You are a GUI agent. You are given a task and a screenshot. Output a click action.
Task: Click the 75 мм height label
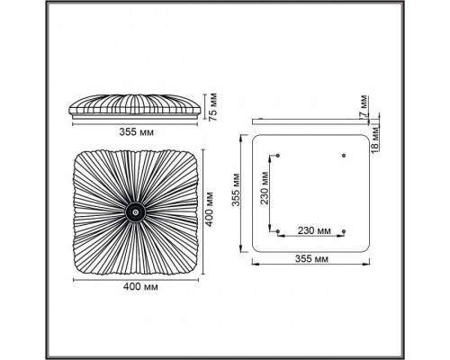(213, 107)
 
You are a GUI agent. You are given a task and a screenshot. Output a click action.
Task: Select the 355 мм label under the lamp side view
(137, 131)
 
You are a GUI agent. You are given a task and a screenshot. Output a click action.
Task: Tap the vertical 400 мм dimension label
(210, 209)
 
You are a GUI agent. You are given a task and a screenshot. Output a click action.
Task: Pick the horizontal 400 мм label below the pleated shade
(140, 287)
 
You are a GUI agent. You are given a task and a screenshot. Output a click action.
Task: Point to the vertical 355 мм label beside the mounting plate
(237, 190)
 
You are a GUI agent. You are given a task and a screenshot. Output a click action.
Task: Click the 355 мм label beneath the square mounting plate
(311, 258)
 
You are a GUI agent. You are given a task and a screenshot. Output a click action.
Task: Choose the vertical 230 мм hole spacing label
(265, 188)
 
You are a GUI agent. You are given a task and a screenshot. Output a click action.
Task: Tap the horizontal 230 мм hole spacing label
(314, 230)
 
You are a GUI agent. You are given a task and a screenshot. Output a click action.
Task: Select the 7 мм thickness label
(364, 106)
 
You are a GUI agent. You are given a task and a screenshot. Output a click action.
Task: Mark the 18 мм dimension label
(375, 139)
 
